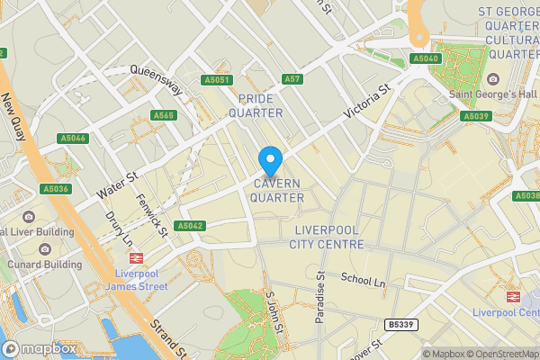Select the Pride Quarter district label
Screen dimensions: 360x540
coord(256,104)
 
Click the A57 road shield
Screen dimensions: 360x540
coord(292,79)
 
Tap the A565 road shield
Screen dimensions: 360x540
coord(164,115)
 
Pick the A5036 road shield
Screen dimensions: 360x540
coord(55,189)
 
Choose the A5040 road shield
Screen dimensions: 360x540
coord(425,58)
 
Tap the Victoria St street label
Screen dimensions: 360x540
coord(370,102)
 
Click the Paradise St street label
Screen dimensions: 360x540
coord(320,297)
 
